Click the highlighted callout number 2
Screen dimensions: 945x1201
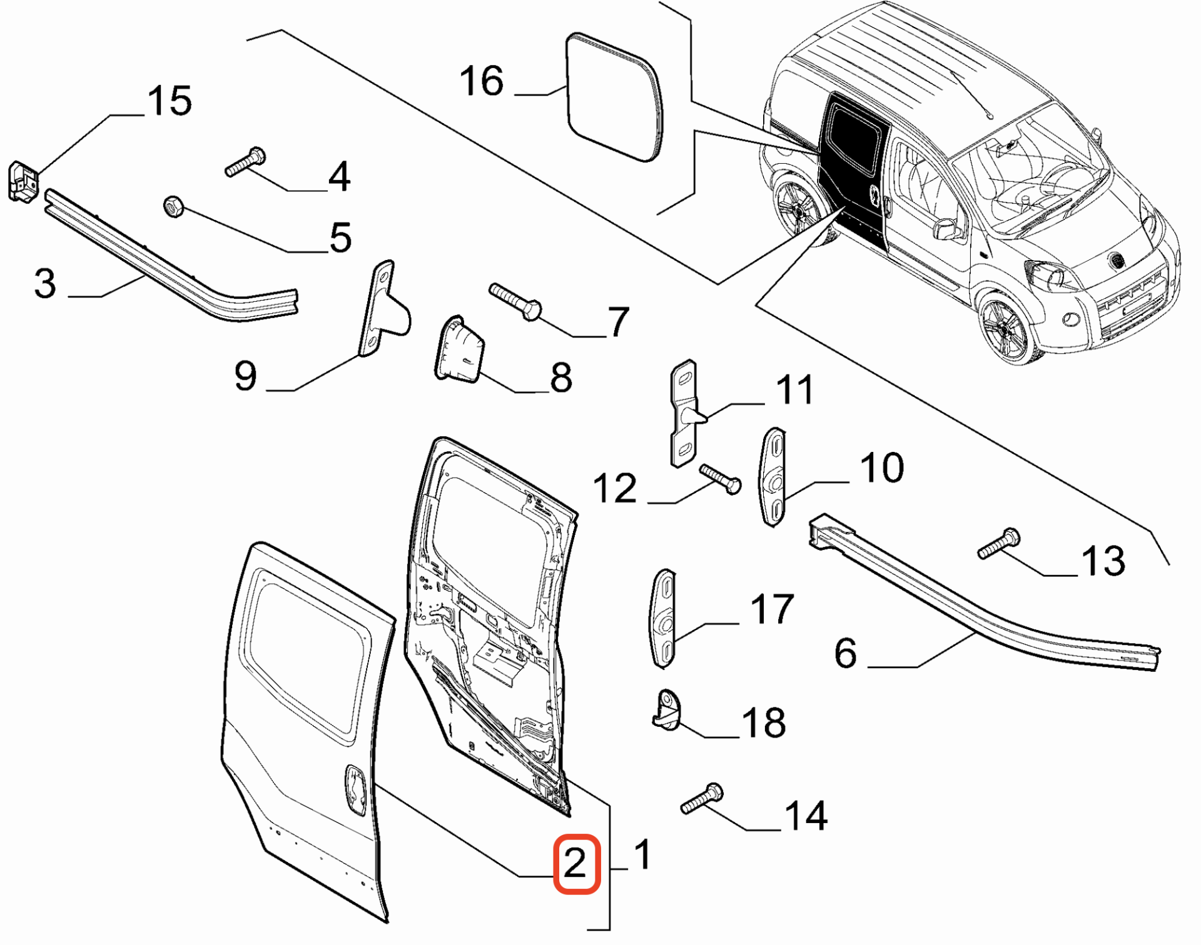pyautogui.click(x=576, y=864)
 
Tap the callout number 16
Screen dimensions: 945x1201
pyautogui.click(x=481, y=81)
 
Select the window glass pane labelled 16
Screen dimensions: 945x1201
pyautogui.click(x=613, y=97)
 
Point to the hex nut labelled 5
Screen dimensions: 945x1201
pyautogui.click(x=173, y=206)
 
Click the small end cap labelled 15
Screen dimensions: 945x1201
pyautogui.click(x=23, y=182)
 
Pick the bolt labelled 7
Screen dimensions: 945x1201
pyautogui.click(x=515, y=301)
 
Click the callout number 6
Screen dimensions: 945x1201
pyautogui.click(x=845, y=653)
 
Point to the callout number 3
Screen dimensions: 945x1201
pyautogui.click(x=45, y=283)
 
